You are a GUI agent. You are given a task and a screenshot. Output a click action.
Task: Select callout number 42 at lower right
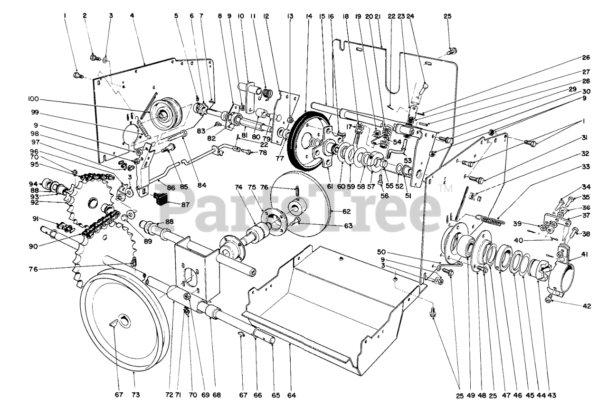(x=587, y=306)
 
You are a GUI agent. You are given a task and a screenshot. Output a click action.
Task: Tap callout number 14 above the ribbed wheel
(x=309, y=16)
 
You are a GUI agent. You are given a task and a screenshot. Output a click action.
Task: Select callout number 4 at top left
(x=132, y=16)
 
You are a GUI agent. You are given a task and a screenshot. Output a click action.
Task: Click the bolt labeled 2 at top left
(x=94, y=58)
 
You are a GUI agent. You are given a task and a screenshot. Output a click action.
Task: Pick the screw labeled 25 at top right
(x=452, y=49)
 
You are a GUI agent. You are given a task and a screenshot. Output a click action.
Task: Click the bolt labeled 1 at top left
(x=77, y=75)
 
